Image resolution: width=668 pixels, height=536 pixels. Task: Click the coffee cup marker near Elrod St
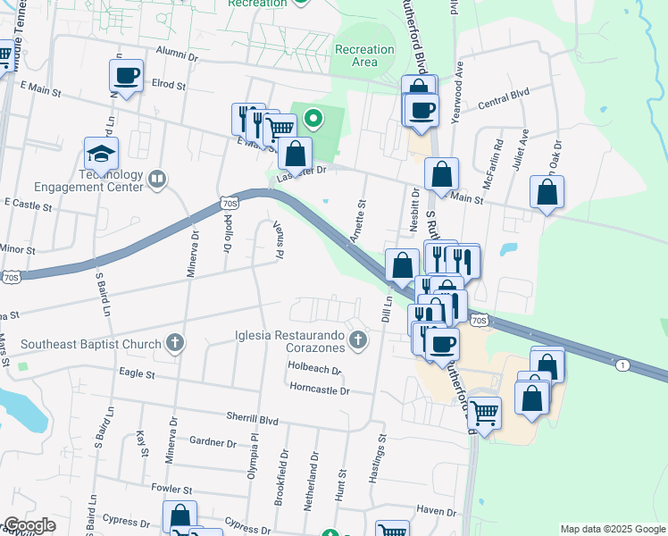(127, 76)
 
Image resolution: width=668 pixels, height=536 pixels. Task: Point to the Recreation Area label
(364, 55)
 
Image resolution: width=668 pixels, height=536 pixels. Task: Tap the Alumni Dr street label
(176, 56)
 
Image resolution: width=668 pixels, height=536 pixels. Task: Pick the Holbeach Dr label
(314, 368)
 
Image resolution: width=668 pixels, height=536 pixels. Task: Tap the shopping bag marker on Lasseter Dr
(296, 154)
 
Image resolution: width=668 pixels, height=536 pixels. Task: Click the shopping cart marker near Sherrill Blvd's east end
(484, 414)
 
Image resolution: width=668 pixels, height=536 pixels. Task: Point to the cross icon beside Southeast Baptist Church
(176, 343)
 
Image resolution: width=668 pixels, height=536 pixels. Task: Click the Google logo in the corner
(30, 525)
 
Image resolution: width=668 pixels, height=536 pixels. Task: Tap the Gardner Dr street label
(213, 441)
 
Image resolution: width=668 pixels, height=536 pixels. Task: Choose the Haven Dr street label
(436, 510)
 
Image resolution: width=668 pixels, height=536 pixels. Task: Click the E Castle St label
(29, 205)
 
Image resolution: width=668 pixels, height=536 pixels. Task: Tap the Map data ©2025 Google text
(612, 529)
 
